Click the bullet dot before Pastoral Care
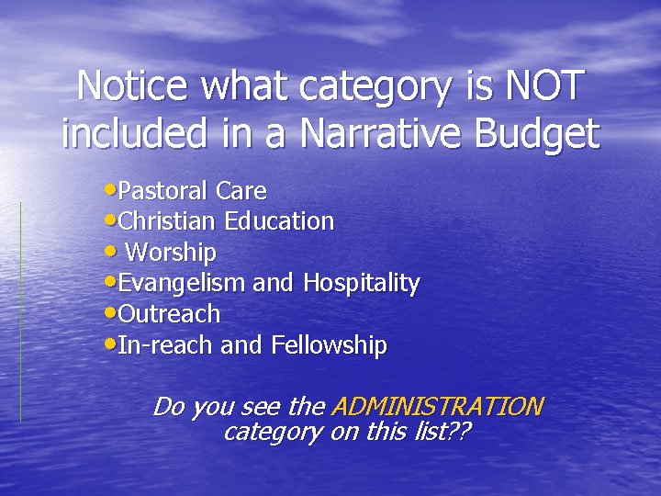(x=111, y=190)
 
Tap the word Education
(x=284, y=221)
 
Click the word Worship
(x=171, y=253)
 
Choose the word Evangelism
(x=183, y=284)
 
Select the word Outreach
(x=170, y=314)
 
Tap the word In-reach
(x=165, y=345)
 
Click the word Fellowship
(x=329, y=345)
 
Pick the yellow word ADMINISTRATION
(x=437, y=406)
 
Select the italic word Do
(x=168, y=406)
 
